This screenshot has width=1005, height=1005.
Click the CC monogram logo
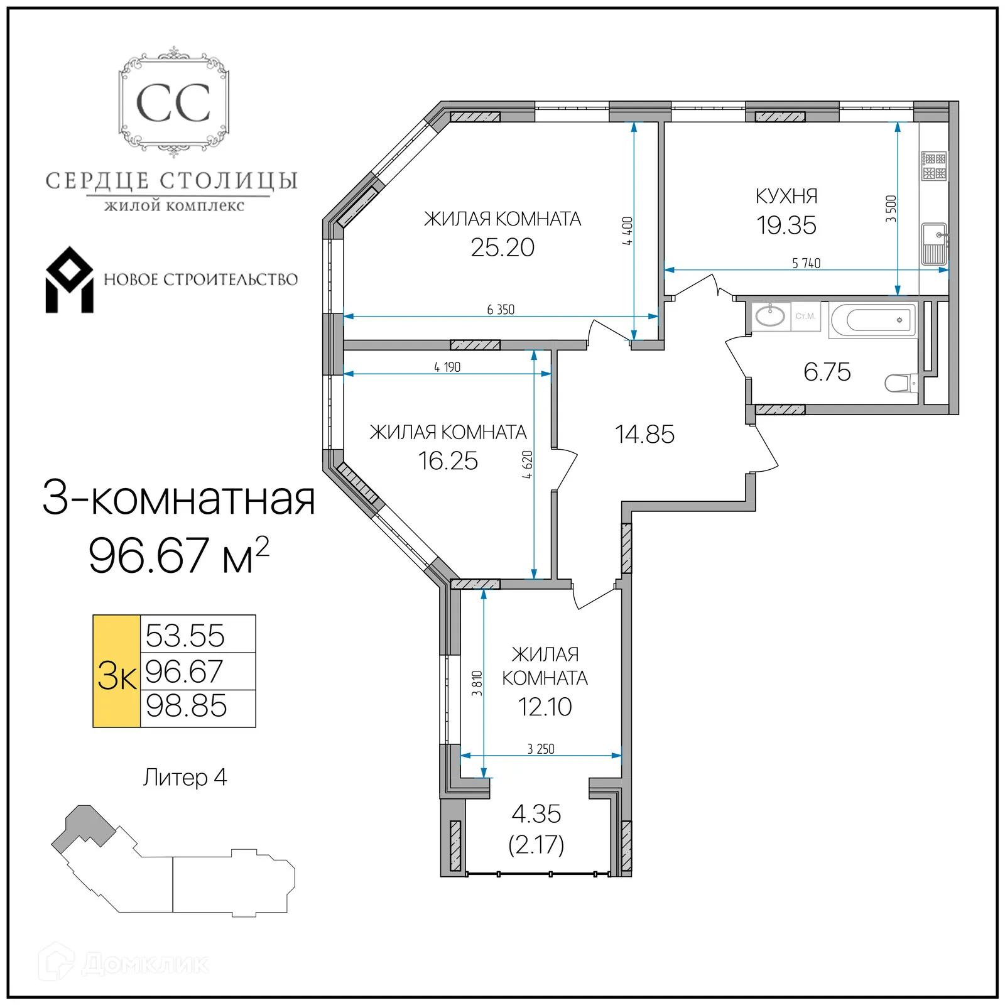[173, 102]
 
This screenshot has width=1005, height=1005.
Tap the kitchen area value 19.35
[786, 225]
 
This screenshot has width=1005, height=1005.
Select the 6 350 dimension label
[501, 309]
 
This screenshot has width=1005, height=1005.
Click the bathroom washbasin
[769, 316]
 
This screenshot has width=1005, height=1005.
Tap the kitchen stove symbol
[933, 166]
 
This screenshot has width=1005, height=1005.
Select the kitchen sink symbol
[933, 244]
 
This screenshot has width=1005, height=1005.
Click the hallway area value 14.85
[644, 434]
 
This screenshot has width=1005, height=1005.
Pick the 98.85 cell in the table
[187, 707]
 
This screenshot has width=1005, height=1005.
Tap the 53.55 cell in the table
[185, 635]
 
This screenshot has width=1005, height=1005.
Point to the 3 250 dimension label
[540, 749]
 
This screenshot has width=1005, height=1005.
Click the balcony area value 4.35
[536, 814]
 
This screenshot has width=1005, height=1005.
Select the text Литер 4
[185, 778]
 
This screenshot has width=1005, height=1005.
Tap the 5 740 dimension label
[806, 263]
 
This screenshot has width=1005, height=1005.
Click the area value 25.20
[503, 247]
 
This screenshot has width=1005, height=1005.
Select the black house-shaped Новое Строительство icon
[69, 280]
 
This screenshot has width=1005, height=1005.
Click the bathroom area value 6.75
[827, 372]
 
